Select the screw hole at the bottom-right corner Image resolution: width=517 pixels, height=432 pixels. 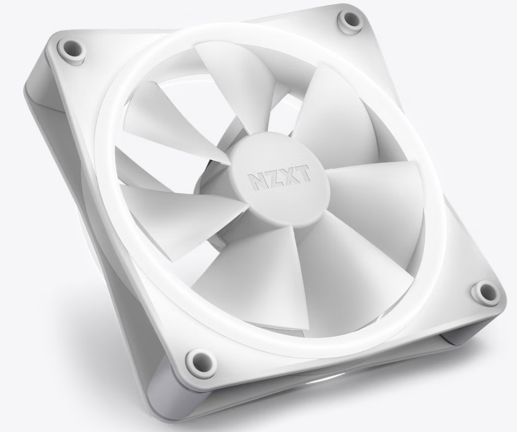click(484, 291)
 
